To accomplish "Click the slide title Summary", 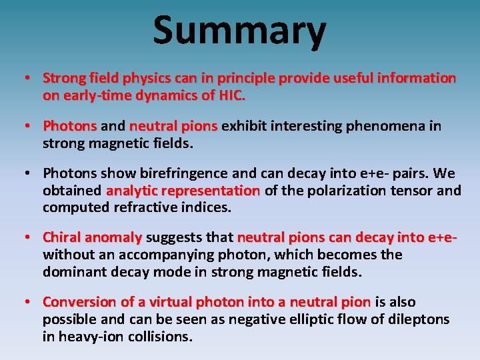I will tap(239, 31).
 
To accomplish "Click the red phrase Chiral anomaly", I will tap(92, 237).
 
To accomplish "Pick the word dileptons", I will tap(416, 319).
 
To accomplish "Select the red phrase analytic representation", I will tap(183, 191).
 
